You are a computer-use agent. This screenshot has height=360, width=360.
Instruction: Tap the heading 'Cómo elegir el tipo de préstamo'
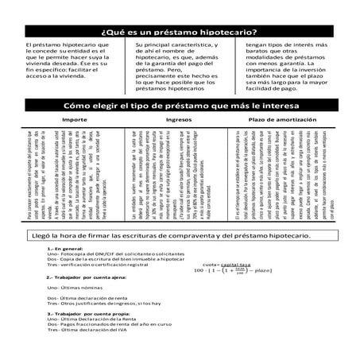pyautogui.click(x=179, y=104)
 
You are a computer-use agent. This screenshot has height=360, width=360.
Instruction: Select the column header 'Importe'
pyautogui.click(x=64, y=118)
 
